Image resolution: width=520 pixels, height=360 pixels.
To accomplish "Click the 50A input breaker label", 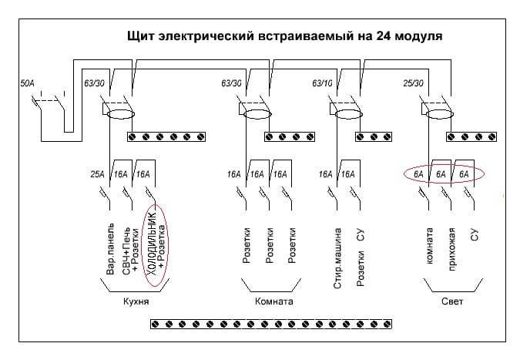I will tap(28, 80).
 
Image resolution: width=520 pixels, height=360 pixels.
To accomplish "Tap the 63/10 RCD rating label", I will tap(322, 82).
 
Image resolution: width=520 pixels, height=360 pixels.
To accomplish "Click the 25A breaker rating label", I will tap(97, 175).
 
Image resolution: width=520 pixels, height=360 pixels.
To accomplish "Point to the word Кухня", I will tap(136, 301).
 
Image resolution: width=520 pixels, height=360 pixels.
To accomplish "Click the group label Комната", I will tap(273, 301).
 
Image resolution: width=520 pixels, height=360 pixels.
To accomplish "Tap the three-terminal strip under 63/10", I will tap(373, 137).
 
